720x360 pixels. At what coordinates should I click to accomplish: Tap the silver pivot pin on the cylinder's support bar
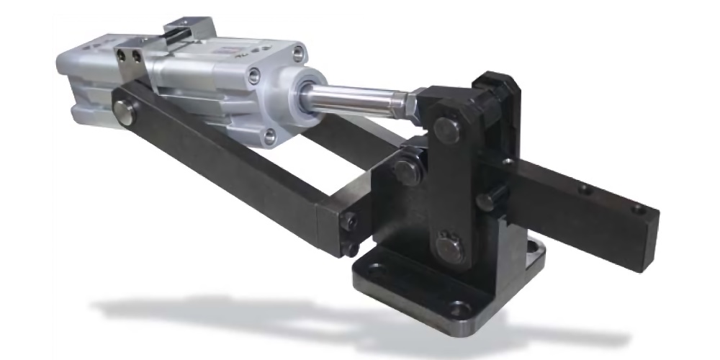coord(127,113)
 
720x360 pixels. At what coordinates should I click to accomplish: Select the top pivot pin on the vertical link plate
coord(448,130)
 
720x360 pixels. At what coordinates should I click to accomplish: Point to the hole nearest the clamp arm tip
coord(636,210)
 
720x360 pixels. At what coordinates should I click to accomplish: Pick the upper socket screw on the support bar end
coord(348,221)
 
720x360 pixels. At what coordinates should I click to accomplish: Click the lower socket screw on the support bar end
coord(351,248)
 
